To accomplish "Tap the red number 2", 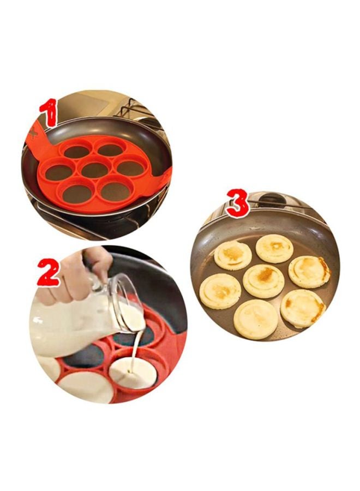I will point(48,272).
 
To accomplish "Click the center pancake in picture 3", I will point(263,281).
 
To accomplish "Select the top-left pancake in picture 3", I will point(233,255).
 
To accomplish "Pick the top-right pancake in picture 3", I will point(274,249).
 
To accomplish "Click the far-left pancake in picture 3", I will point(220,291).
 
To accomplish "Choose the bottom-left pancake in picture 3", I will point(255,319).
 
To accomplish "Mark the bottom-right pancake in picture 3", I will point(303,308).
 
